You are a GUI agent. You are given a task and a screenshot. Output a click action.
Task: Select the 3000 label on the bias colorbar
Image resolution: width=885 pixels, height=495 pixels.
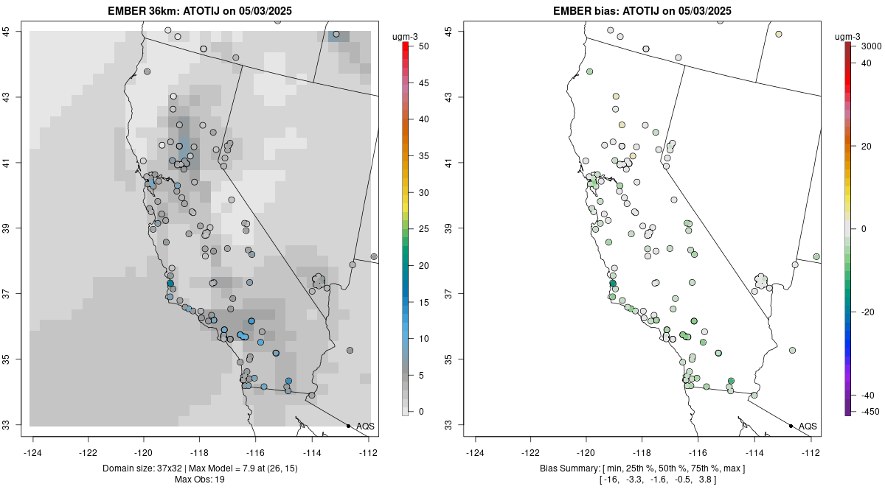pos(871,46)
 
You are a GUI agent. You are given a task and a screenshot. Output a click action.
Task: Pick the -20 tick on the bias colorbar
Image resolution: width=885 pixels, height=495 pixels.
pos(867,312)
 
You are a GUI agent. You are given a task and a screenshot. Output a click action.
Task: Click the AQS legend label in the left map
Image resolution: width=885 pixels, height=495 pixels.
pos(365,426)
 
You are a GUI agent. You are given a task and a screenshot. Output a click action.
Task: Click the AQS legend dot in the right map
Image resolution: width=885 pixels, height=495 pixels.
pos(791,426)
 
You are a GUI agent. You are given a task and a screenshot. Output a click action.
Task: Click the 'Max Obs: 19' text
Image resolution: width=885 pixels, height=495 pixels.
pos(201,480)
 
